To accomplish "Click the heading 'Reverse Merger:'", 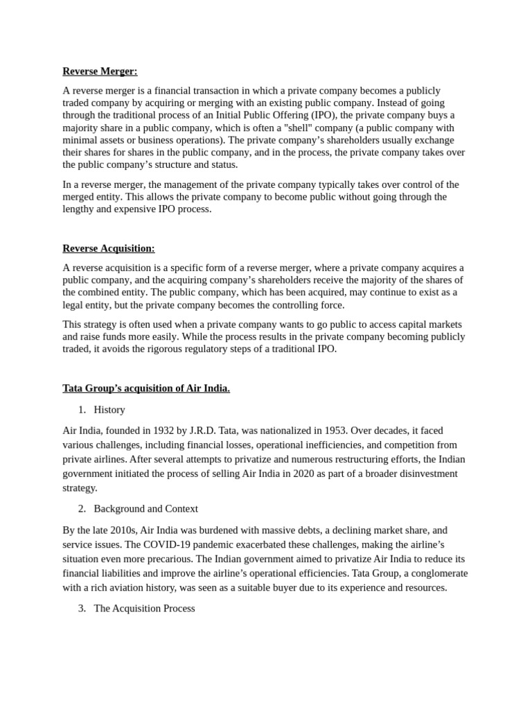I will [100, 71].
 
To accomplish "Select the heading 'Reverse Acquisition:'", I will [109, 248].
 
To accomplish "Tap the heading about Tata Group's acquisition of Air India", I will [146, 388].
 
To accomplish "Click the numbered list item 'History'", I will [109, 410].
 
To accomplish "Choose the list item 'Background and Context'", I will [145, 509].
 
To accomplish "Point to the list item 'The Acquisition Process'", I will [144, 608].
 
